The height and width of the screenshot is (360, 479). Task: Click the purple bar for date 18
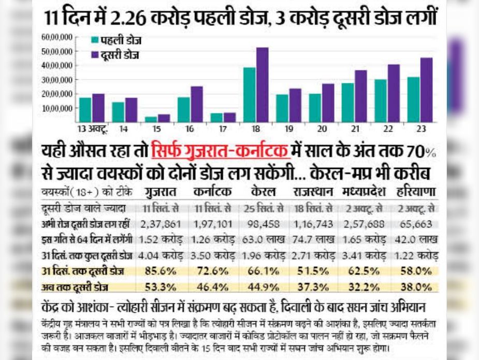262,85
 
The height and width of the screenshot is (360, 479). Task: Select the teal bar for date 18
250,95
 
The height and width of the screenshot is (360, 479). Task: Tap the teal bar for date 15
151,119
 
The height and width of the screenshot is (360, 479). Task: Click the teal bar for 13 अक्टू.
85,110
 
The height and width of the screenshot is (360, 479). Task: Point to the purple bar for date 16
196,104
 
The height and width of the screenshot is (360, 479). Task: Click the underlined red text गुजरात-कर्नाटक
220,152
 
